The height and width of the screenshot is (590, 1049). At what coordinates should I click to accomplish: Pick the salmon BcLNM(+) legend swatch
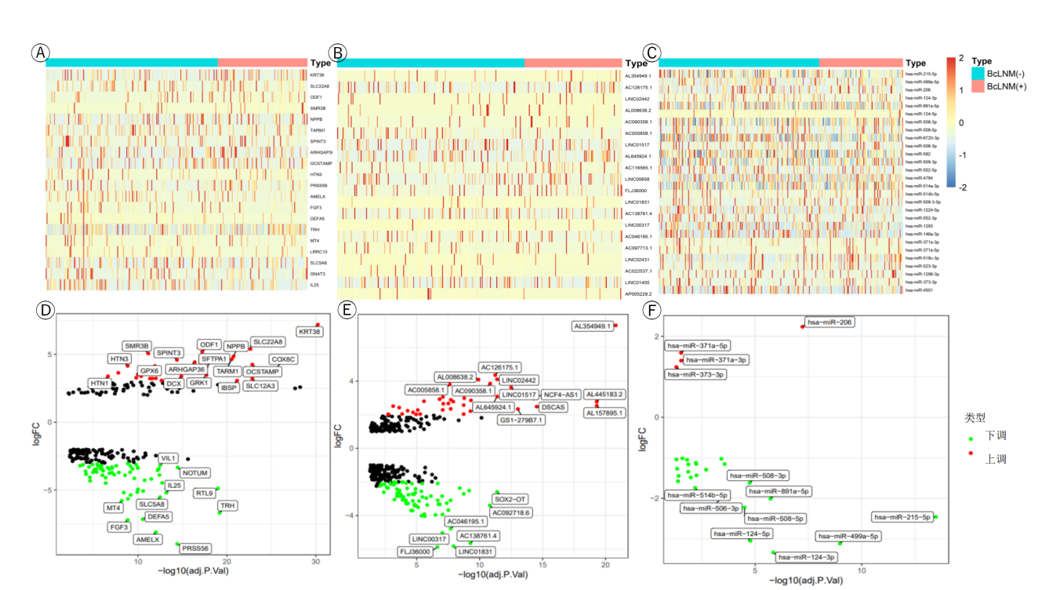[977, 86]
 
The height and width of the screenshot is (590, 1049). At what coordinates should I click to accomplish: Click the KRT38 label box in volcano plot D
[310, 332]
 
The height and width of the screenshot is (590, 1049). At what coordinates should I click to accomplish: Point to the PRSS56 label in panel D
[195, 548]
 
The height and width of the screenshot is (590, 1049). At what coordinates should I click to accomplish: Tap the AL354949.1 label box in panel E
[593, 326]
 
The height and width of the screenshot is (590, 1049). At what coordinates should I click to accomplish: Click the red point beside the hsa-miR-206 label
[803, 326]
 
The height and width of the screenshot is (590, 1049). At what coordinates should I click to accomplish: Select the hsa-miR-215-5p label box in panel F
[902, 517]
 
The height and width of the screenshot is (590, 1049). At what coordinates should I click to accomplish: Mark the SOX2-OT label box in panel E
[510, 499]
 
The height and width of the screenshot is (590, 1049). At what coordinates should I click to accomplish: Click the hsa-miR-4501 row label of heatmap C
[919, 290]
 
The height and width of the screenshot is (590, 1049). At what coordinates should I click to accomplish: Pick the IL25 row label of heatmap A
[314, 285]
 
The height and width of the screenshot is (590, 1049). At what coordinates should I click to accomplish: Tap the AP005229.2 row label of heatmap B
[639, 293]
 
